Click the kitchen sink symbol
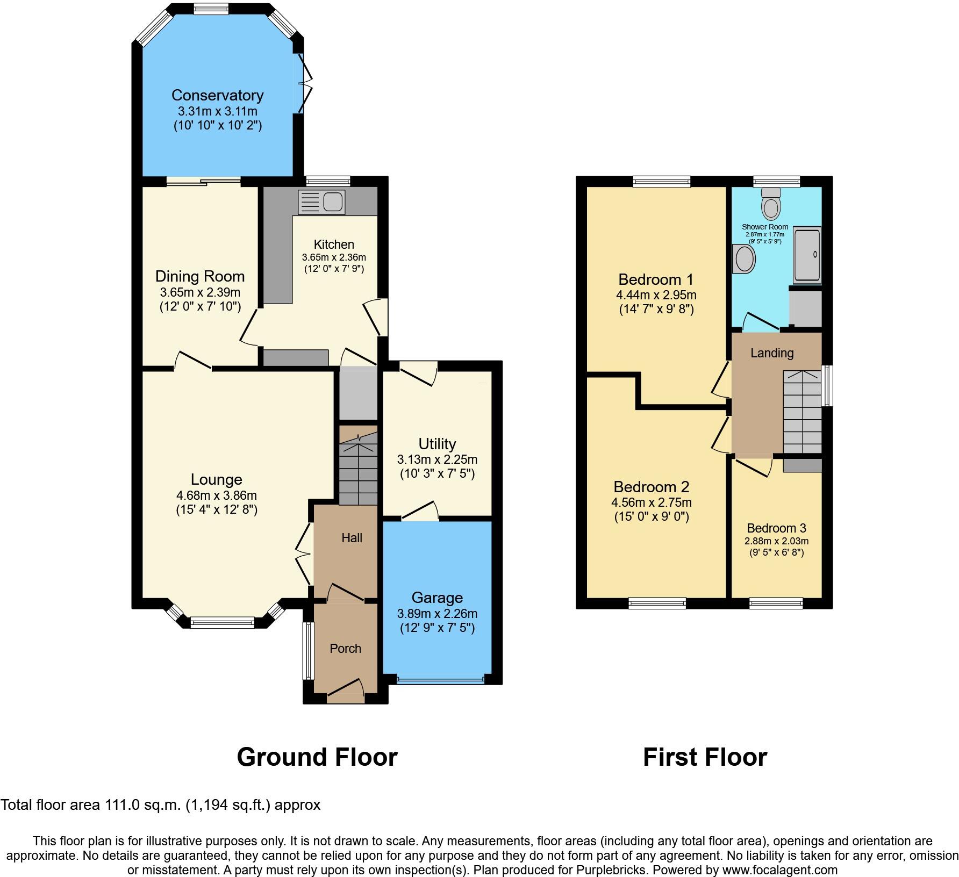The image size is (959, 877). [321, 203]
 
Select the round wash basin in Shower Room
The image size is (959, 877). [745, 259]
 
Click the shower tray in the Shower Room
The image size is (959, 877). [807, 255]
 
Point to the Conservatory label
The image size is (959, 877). [217, 95]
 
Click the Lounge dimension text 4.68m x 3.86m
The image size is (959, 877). [217, 495]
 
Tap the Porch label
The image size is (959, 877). [345, 649]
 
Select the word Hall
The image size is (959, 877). [352, 538]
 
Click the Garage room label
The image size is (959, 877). [437, 598]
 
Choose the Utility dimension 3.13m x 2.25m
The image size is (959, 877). [437, 459]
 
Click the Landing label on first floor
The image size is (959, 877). [772, 353]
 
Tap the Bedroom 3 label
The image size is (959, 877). [776, 528]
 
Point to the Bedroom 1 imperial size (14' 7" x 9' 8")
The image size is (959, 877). [656, 310]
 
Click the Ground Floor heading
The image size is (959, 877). [317, 757]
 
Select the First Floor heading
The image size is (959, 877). [705, 757]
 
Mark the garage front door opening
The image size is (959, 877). [440, 680]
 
